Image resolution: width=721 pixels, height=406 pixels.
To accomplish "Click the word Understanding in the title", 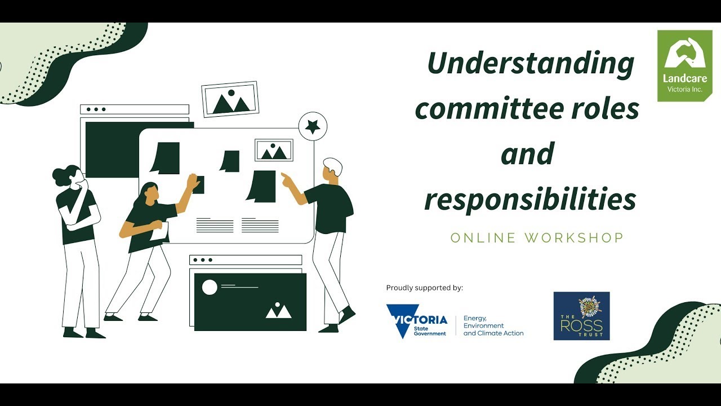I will pos(531,64).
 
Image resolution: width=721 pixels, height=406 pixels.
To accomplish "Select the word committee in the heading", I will pos(488,108).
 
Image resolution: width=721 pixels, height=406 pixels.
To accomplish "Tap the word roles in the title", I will pos(607,108).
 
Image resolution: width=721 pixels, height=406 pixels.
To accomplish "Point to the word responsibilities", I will pos(530,199).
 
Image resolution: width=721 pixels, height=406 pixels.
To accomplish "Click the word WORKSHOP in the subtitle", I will pos(574,238).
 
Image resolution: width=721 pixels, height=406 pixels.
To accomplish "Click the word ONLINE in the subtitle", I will pos(483,238).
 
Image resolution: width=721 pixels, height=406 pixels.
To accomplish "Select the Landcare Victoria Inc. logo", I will pos(684,65).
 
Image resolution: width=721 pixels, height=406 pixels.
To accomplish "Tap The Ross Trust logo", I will pos(581,316).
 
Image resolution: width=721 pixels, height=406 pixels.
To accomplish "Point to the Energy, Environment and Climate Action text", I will pos(493,326).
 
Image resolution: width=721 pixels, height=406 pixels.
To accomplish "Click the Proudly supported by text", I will pos(425,288).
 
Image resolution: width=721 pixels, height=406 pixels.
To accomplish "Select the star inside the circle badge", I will pos(313,126).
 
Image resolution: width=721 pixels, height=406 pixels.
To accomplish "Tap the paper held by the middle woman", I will pos(159,231).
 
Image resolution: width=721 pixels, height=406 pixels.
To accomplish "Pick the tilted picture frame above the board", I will pos(230,99).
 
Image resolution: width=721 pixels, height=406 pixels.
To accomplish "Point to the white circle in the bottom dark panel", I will pos(210,288).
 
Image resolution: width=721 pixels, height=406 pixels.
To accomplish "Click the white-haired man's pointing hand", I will pos(287,179).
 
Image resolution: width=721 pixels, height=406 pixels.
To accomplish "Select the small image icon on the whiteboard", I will pos(274,150).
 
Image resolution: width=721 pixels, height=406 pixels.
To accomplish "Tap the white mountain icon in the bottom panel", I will pos(278,311).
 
